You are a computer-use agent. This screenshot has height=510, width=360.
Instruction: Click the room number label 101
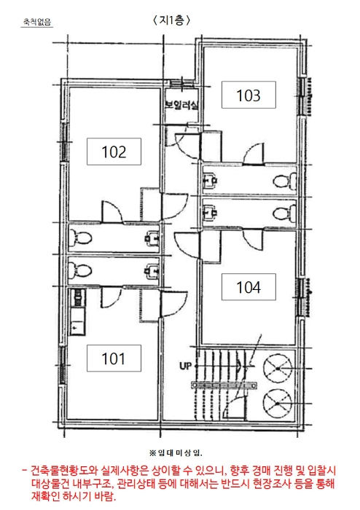pos(114,358)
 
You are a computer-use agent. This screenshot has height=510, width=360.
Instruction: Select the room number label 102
pos(114,152)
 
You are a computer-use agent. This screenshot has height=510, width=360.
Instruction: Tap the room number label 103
pos(249,95)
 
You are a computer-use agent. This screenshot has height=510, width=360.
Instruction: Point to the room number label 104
pos(249,287)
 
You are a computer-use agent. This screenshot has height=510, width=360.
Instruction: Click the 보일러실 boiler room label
pos(181,105)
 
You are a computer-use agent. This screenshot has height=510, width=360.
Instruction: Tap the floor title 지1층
pos(171,20)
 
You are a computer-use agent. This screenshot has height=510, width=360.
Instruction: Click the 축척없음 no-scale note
pos(36,22)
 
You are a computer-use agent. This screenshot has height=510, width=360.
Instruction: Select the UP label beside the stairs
pos(185,366)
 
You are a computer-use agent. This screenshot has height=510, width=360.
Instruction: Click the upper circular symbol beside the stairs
pos(278,367)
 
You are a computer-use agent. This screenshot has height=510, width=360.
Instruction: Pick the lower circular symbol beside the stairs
pos(278,404)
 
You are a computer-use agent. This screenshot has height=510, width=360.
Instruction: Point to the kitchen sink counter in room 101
pos(77,313)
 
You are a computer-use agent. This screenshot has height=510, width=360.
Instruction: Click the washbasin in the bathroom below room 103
pos(211,180)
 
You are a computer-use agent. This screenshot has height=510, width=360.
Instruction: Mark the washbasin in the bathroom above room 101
pos(152,271)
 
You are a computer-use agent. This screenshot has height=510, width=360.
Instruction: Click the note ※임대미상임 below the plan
pos(176,452)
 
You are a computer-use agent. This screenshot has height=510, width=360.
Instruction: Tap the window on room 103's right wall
pos(302,97)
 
